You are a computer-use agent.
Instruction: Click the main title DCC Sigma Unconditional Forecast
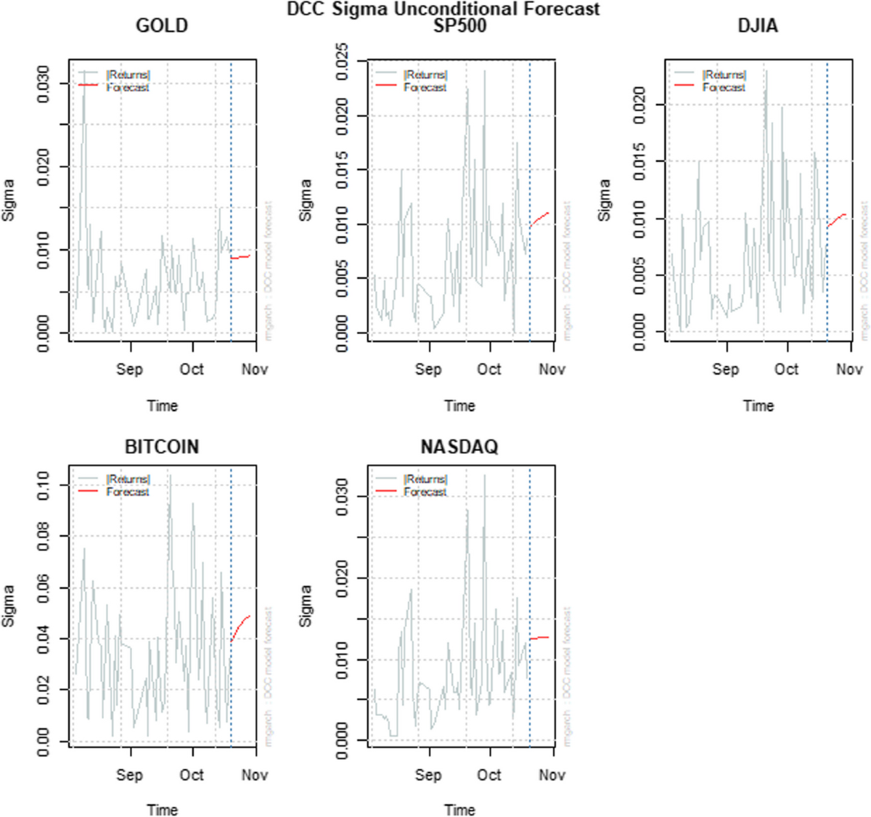tap(443, 9)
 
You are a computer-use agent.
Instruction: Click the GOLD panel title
tap(162, 26)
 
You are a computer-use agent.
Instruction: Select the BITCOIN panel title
tap(162, 447)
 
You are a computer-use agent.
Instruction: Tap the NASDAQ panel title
tap(459, 447)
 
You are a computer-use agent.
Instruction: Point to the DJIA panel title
tap(758, 26)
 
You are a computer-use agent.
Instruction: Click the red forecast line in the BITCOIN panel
tap(241, 626)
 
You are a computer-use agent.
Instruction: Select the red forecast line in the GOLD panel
tap(241, 256)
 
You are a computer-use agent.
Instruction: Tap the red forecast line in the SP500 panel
tap(539, 219)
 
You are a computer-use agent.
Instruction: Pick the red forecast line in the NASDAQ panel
tap(539, 638)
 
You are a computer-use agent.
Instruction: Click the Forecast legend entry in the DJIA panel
tap(723, 87)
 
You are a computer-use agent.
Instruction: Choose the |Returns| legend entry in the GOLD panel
tap(128, 75)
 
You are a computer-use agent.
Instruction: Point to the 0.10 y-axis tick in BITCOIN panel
tap(43, 485)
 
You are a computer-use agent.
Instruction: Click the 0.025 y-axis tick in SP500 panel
tap(341, 61)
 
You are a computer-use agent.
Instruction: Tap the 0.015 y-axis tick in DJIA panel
tap(639, 161)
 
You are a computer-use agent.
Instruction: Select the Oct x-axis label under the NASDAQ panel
tap(489, 775)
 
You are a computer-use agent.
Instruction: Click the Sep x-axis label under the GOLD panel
tap(129, 370)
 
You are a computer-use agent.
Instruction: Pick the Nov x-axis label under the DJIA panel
tap(849, 370)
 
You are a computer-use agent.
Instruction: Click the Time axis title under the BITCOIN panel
tap(162, 810)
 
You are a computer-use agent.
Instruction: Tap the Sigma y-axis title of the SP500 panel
tap(306, 200)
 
